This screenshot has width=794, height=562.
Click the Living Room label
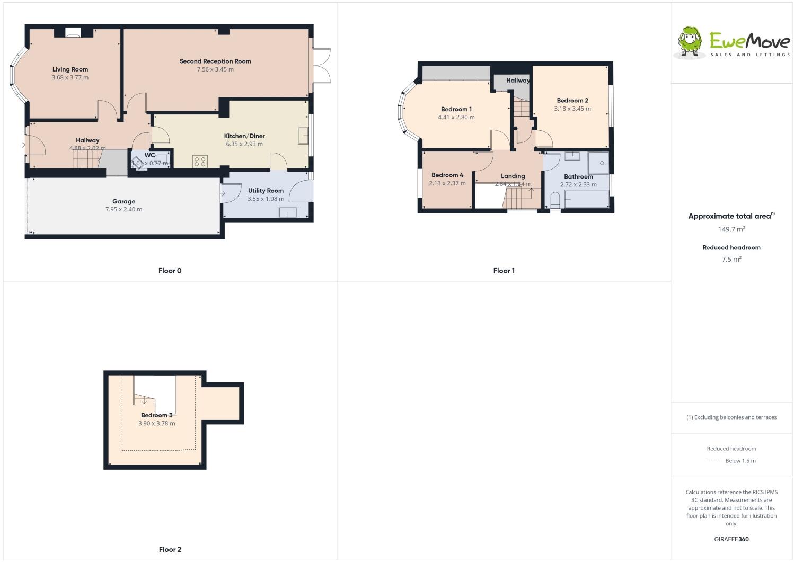(70, 69)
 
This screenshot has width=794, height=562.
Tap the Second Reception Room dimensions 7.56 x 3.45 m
(215, 69)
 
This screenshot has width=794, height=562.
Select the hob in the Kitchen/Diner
(200, 161)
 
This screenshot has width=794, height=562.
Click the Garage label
(123, 201)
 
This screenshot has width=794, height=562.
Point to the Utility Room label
(266, 191)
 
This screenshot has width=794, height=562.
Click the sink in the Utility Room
(288, 212)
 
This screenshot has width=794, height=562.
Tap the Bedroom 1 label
(456, 109)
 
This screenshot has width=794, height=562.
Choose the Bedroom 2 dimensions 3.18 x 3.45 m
(572, 109)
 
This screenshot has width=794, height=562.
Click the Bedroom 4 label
(447, 175)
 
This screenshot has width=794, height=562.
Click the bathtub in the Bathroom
(587, 199)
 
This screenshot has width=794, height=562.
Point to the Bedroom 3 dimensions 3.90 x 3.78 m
(157, 423)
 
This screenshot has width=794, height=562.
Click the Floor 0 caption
(170, 271)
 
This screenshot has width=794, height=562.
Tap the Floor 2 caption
(170, 549)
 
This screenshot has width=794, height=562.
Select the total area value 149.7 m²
(731, 229)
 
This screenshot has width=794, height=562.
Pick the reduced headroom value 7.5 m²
(731, 259)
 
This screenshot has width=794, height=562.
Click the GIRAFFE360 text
(731, 539)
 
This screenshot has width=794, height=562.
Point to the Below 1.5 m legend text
(740, 461)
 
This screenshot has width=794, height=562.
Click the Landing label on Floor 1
(513, 176)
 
